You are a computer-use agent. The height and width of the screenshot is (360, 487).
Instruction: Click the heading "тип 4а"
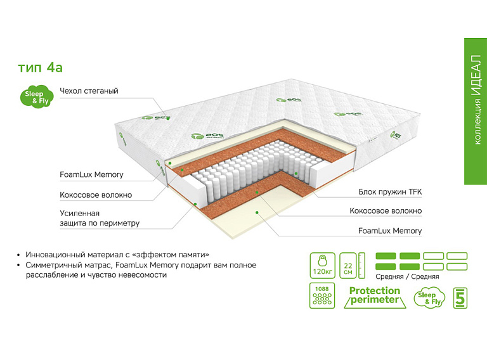pos(41,67)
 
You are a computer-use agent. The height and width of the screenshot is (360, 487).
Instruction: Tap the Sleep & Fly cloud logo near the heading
pos(37,97)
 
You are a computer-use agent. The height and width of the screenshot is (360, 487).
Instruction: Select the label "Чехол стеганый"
pos(89,91)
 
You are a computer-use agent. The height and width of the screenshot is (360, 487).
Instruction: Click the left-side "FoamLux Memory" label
pos(91,174)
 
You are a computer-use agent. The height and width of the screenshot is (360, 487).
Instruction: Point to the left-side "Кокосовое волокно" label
pos(96,195)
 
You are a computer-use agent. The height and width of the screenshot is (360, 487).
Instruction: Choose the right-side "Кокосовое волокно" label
pos(386,211)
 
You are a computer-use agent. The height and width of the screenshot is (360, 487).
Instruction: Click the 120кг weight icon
pos(322,265)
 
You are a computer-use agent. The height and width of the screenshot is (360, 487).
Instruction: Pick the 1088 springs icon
pos(322,295)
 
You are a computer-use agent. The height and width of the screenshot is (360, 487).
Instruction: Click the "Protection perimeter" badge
pos(375,295)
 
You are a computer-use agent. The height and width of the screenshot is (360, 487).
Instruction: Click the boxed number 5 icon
pos(460,297)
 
